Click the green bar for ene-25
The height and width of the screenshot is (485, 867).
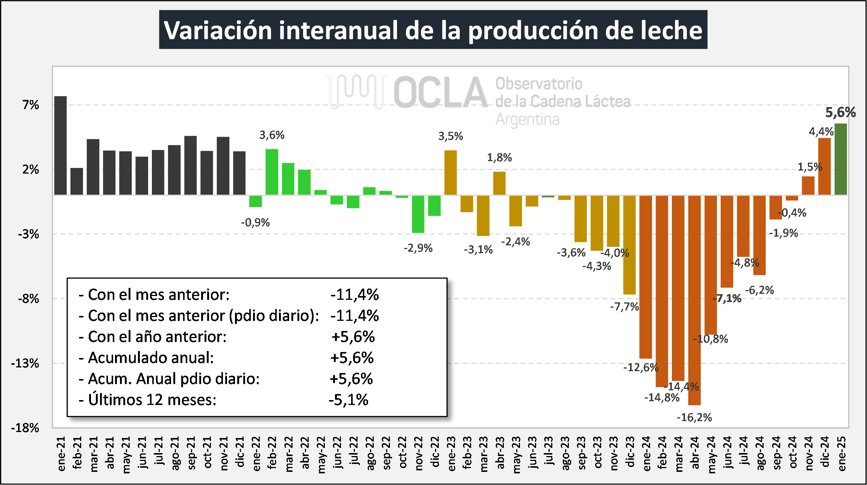click(x=841, y=159)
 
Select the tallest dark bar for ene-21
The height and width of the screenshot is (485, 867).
click(x=61, y=145)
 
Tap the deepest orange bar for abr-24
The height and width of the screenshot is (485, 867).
click(x=694, y=300)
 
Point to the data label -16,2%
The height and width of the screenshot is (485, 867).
click(x=694, y=417)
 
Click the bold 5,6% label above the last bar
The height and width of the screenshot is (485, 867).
click(x=840, y=112)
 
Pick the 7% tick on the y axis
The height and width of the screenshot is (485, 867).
click(x=31, y=105)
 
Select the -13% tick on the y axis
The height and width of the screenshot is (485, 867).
click(x=25, y=363)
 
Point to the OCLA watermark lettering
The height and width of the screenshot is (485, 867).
click(x=440, y=92)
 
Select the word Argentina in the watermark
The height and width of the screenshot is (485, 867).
click(x=527, y=119)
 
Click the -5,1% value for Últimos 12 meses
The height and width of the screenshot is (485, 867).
click(x=349, y=400)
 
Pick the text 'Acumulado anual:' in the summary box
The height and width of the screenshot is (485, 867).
click(x=151, y=358)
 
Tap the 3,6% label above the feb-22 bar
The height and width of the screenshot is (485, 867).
click(x=272, y=135)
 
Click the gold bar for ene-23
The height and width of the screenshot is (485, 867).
click(x=450, y=172)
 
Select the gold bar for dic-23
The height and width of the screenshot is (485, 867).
click(x=629, y=245)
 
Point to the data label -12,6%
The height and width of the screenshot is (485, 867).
click(x=641, y=367)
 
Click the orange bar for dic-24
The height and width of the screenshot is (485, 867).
click(x=825, y=166)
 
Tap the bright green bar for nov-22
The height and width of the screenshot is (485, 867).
click(x=418, y=214)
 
